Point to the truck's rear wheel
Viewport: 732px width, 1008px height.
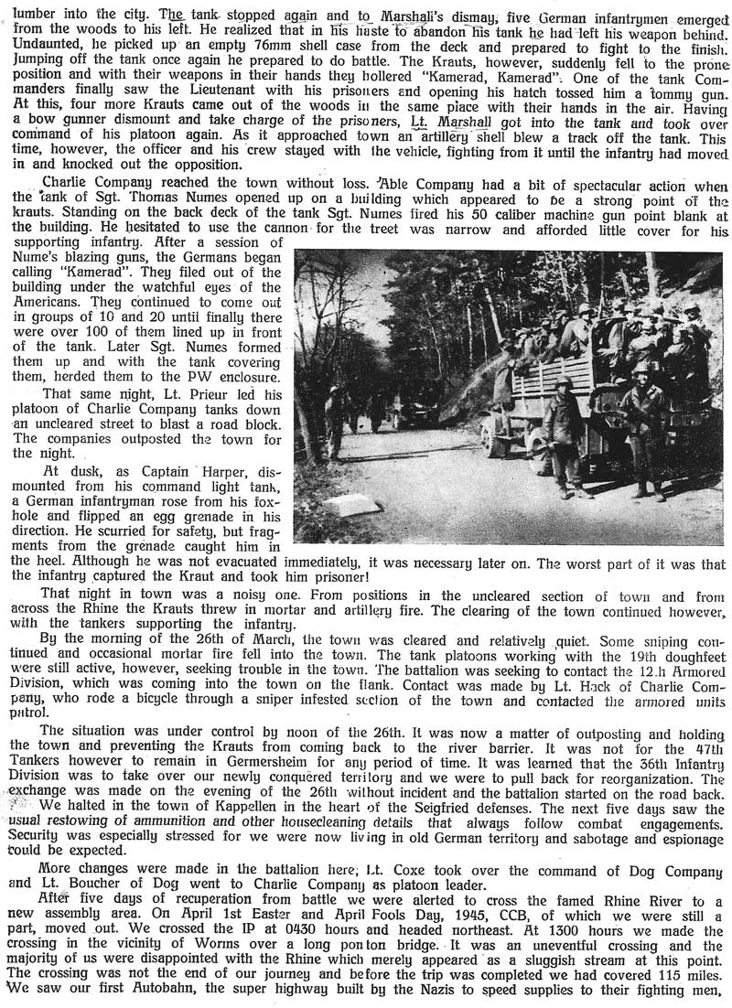tap(498, 438)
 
